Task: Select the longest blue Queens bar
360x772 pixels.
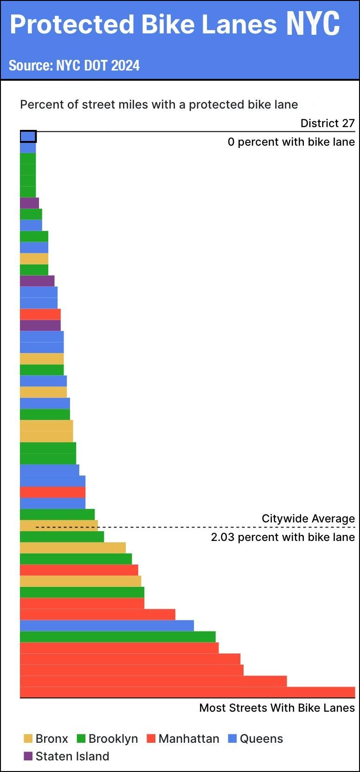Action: coord(107,625)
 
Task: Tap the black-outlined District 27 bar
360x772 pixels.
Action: coord(28,136)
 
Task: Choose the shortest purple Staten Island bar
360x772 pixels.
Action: coord(29,203)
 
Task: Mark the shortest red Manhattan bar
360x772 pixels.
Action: coord(40,314)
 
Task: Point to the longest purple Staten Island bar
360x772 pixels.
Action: coord(40,325)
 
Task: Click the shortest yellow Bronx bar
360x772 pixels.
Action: coord(34,258)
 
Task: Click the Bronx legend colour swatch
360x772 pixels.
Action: coord(28,739)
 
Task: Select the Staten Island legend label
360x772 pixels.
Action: coord(72,756)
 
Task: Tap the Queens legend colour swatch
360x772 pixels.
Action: coord(232,739)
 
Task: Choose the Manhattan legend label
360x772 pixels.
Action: coord(189,739)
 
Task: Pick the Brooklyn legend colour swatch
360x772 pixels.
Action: coord(81,739)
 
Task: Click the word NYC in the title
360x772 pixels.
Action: coord(313,24)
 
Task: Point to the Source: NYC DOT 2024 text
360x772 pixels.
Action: coord(74,65)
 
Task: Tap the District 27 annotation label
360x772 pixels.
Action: coord(328,123)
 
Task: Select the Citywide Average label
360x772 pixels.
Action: coord(308,519)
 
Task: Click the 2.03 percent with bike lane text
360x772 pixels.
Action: coord(283,537)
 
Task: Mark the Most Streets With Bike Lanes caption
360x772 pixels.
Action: coord(277,708)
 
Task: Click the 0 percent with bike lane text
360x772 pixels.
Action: coord(291,142)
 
